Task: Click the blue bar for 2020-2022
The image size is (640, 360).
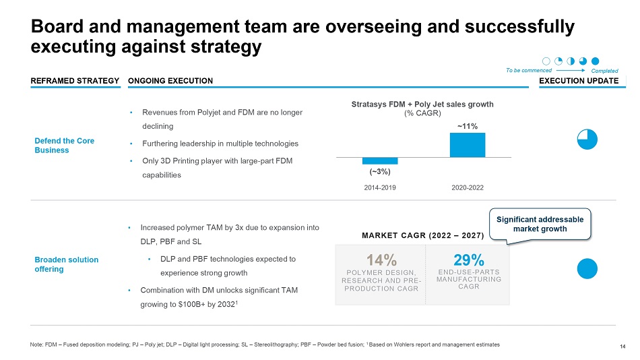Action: click(x=467, y=144)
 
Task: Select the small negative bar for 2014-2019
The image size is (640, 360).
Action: click(x=379, y=160)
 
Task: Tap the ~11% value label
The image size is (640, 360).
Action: click(x=467, y=126)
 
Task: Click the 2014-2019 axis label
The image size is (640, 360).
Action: click(x=380, y=187)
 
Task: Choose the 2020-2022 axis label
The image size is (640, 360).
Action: click(x=467, y=187)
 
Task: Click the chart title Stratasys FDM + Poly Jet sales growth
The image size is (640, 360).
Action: click(x=423, y=104)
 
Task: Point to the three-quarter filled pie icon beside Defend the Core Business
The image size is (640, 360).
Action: click(x=587, y=139)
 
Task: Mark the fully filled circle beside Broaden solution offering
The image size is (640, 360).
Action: click(x=587, y=268)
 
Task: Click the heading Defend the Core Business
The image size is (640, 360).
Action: click(x=64, y=146)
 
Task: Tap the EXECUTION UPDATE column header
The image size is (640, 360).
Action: click(x=579, y=81)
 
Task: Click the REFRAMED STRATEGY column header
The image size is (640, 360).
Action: click(x=75, y=81)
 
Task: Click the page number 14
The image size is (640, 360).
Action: click(x=622, y=347)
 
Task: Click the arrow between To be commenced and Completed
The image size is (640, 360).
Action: click(x=571, y=69)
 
